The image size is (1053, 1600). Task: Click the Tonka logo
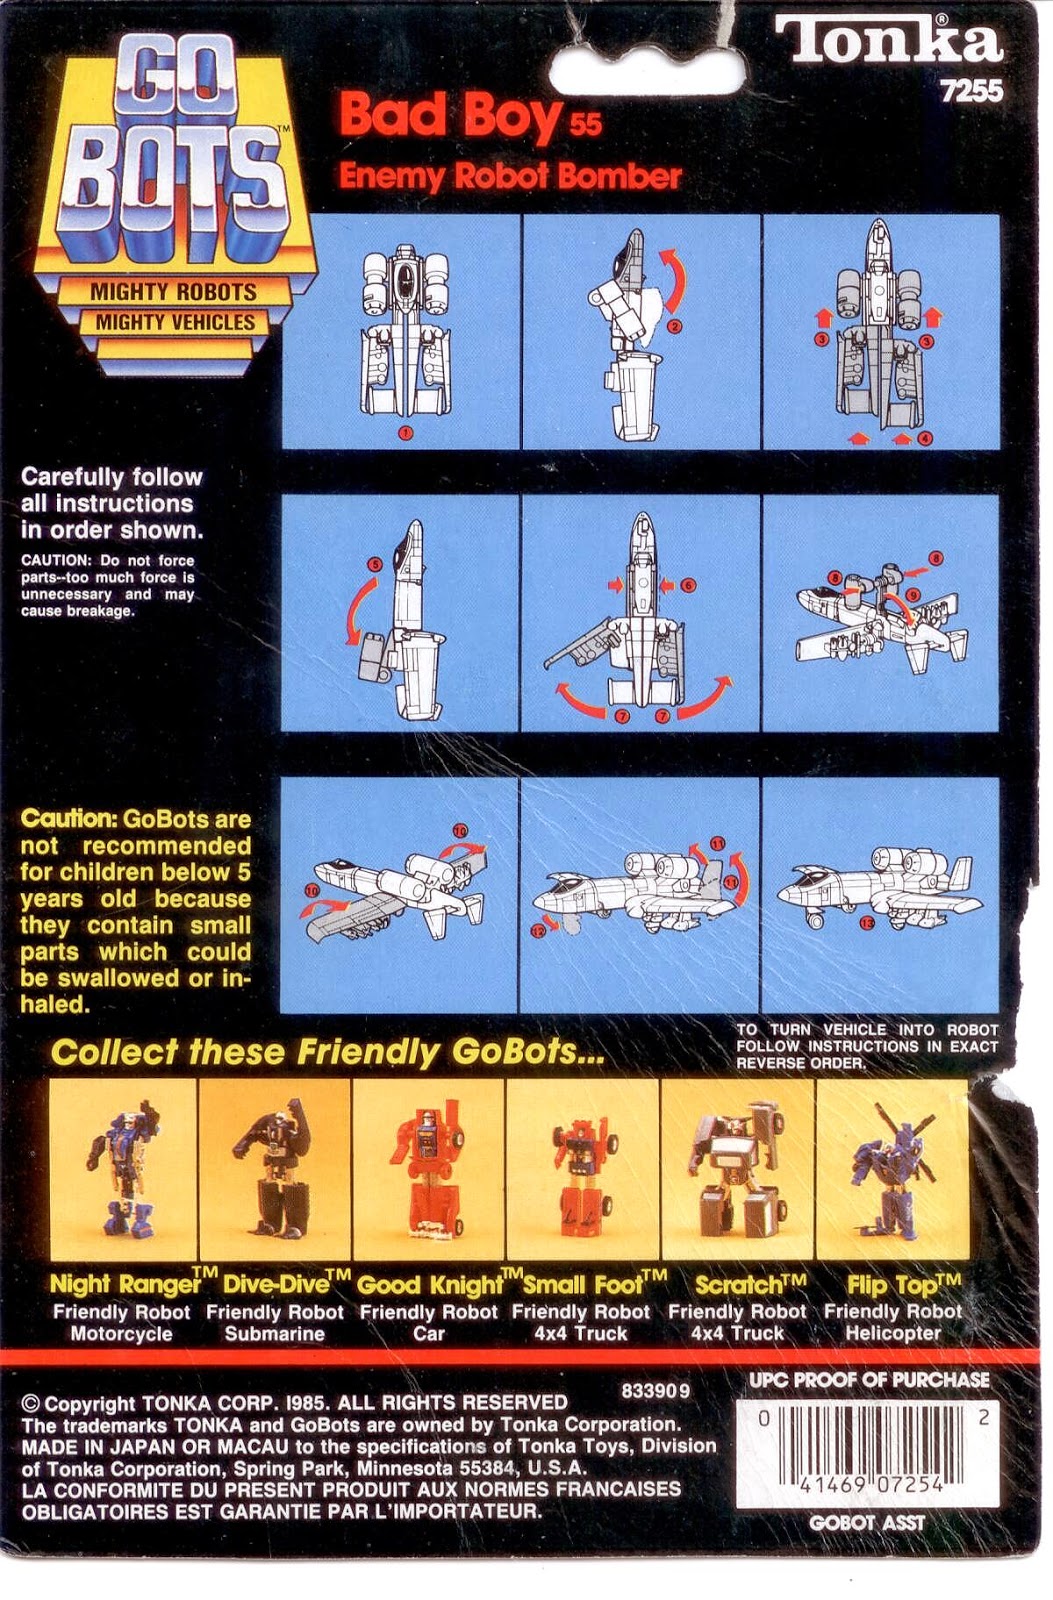(888, 41)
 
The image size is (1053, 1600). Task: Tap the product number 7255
(970, 91)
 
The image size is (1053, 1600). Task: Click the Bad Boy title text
(452, 116)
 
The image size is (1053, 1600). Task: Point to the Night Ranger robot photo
(122, 1170)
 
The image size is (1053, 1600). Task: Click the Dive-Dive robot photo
(274, 1170)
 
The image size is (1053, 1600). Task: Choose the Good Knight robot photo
(429, 1170)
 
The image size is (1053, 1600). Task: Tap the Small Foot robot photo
(582, 1170)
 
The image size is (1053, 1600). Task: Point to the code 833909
(655, 1390)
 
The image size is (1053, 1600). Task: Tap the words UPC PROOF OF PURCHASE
(869, 1380)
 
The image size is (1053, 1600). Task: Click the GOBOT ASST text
(867, 1523)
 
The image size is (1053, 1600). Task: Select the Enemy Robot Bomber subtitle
(510, 176)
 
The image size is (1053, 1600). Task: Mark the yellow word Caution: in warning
(69, 819)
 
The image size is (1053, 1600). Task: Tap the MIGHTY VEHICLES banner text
(175, 322)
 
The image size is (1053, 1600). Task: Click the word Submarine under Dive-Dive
(274, 1334)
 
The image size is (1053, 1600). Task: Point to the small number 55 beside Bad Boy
(586, 124)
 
